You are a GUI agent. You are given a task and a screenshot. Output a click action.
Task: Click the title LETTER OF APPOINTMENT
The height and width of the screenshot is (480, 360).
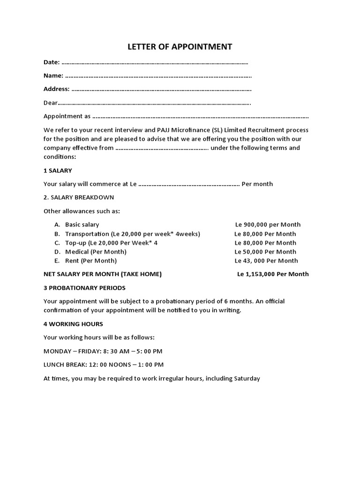pos(180,47)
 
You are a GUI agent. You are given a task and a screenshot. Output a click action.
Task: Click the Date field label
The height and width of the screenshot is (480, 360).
pos(51,62)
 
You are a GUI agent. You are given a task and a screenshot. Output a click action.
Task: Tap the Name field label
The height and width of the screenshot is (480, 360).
pos(53,75)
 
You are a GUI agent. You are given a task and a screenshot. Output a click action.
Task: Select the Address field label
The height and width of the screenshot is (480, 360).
pos(56,89)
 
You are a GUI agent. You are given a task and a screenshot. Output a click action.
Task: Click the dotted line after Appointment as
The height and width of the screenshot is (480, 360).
pos(201,116)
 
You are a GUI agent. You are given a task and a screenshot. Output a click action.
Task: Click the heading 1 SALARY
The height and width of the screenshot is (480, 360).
pos(58,171)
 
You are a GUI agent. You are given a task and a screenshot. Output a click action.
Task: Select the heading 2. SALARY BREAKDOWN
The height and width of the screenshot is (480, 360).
pos(79,197)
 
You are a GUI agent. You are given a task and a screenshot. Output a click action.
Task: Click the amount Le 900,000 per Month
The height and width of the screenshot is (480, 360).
pos(268,225)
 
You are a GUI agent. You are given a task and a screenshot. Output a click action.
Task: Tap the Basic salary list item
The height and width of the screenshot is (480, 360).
pos(82,225)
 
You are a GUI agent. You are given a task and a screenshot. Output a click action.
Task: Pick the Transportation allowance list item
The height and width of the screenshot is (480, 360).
pos(132,234)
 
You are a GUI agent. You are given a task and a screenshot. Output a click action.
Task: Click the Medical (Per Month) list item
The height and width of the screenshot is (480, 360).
pos(96,252)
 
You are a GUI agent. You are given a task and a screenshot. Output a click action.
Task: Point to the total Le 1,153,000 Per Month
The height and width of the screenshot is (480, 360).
pos(273,274)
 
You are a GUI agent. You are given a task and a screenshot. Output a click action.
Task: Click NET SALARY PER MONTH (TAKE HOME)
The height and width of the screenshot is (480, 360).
pos(102,274)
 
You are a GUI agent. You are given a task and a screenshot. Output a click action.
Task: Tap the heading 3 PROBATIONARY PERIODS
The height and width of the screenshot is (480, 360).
pos(84,288)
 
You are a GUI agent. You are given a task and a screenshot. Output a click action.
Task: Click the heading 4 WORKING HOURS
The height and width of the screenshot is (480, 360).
pos(73,324)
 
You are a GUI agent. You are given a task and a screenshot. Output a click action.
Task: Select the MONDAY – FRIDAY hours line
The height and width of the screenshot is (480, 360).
pos(103,351)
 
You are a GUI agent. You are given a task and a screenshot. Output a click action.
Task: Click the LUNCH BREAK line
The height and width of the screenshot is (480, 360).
pos(104,365)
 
